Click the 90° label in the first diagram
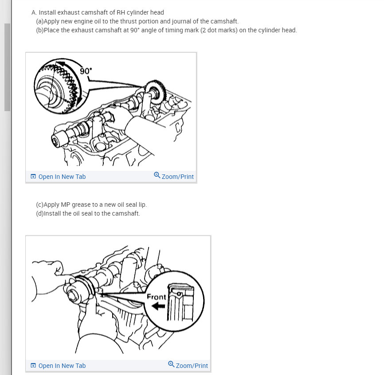click(86, 71)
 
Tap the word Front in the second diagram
click(156, 297)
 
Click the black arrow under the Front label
click(158, 306)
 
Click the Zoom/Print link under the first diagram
click(177, 177)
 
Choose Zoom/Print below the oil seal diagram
click(192, 365)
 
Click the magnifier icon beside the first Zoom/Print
click(157, 175)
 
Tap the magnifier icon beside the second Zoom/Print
click(171, 364)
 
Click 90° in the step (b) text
click(135, 30)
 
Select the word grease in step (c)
click(81, 205)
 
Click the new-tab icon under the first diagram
click(33, 177)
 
